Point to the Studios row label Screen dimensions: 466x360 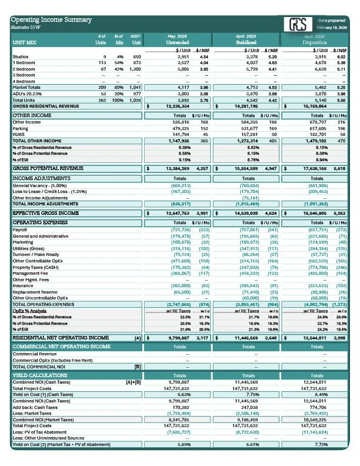coord(21,56)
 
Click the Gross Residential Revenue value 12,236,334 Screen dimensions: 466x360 coord(178,106)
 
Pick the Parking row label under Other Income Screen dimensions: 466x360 coord(21,128)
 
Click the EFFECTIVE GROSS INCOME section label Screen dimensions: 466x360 coord(46,213)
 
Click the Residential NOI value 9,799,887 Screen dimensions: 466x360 coord(178,338)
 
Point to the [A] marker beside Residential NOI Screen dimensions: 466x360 coord(137,338)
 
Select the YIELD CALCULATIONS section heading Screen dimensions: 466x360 coord(41,374)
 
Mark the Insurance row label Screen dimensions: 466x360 coord(22,285)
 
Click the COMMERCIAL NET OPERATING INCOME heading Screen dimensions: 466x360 coord(61,347)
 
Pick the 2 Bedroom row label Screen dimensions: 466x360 coord(24,69)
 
